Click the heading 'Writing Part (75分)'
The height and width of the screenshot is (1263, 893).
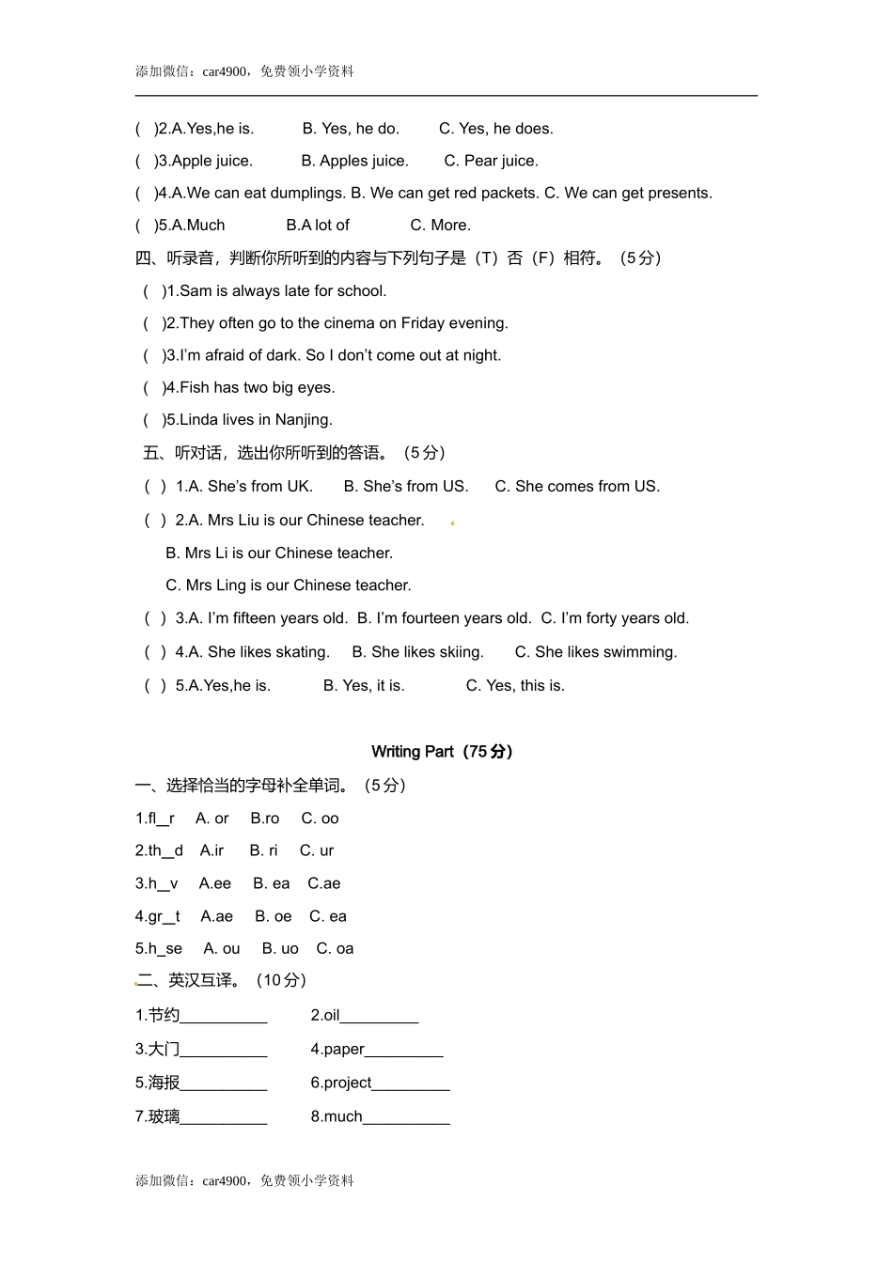[442, 752]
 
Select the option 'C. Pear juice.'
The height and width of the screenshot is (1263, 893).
[491, 161]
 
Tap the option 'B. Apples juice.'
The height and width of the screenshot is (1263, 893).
[354, 161]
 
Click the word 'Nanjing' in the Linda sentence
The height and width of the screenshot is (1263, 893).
[304, 420]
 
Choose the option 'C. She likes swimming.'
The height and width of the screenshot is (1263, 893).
[595, 652]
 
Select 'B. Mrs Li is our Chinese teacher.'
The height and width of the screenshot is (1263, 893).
[279, 554]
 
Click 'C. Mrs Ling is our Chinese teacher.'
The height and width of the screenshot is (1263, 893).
[289, 585]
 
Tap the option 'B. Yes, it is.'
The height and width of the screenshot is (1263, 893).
[364, 686]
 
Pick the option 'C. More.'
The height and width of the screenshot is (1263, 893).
[440, 226]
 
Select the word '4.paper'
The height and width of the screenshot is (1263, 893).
[337, 1050]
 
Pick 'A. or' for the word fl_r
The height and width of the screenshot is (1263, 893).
[211, 819]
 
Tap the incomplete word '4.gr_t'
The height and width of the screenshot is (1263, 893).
[157, 916]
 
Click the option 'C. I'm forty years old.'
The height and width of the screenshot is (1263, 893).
[615, 618]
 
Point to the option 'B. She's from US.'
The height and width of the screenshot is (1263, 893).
[405, 487]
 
